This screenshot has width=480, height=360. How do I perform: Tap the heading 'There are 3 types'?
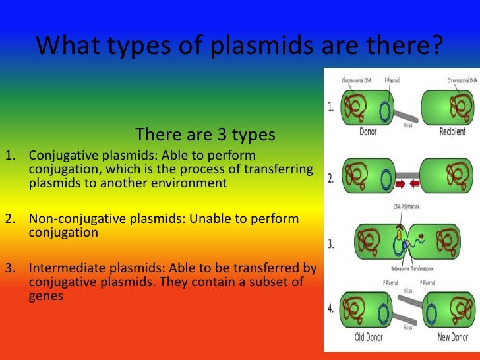[x=204, y=135]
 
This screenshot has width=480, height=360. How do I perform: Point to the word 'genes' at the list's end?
[x=46, y=296]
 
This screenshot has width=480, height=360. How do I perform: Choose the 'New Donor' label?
[x=452, y=338]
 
